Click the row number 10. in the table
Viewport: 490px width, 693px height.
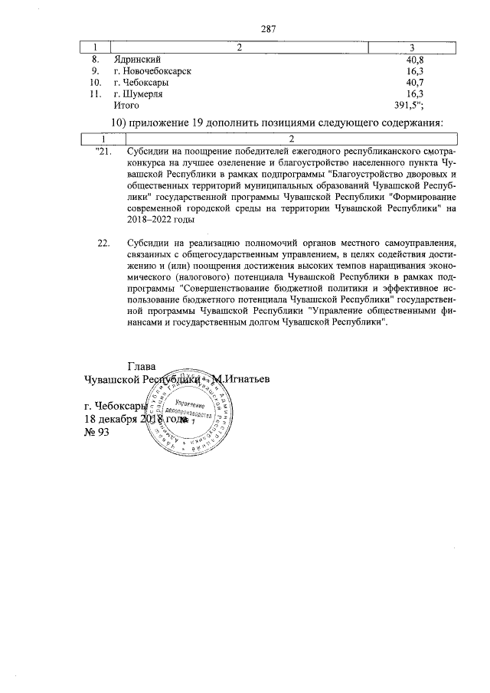[x=96, y=82]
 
